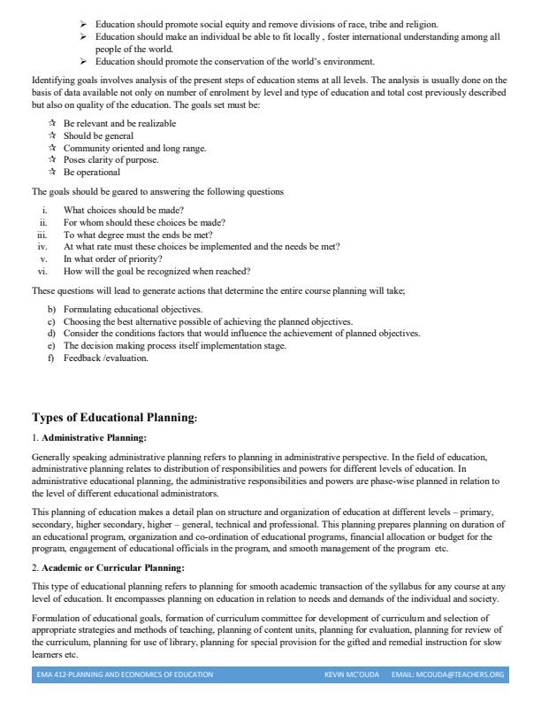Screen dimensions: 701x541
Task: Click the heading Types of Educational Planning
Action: (115, 417)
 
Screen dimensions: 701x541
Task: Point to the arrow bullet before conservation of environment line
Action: (83, 61)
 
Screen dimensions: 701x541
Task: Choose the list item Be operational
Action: (91, 173)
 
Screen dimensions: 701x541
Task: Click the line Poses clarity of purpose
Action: (110, 160)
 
